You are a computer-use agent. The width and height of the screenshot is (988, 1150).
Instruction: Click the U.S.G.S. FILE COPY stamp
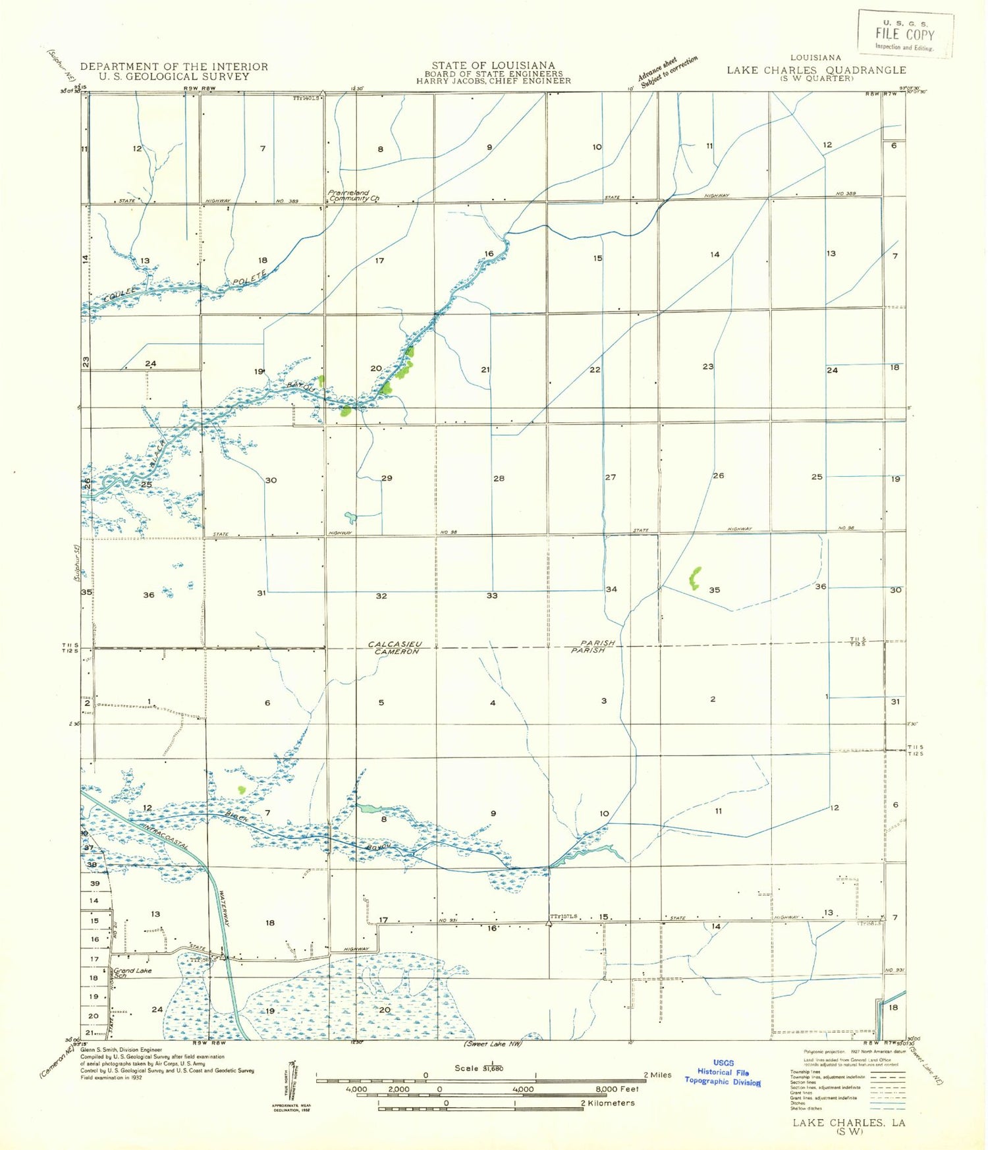click(905, 34)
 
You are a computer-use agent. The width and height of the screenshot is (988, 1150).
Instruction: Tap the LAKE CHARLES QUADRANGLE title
click(816, 70)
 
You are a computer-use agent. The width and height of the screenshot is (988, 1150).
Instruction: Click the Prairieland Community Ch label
click(354, 196)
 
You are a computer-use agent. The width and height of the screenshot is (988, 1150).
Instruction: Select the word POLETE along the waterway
click(250, 277)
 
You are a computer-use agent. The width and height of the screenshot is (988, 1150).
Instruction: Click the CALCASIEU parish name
click(395, 643)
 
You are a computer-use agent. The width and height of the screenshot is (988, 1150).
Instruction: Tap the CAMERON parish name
click(397, 651)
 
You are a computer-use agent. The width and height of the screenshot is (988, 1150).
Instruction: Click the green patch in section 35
click(694, 578)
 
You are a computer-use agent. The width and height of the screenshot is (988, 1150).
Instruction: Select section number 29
click(387, 478)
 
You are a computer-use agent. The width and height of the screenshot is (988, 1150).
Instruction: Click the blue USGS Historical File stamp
click(723, 1072)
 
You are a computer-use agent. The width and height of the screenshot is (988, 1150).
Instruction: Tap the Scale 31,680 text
click(479, 1068)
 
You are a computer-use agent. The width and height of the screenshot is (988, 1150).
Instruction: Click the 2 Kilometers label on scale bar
click(607, 1103)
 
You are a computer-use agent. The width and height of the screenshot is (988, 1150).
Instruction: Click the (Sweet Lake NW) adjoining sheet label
click(493, 1044)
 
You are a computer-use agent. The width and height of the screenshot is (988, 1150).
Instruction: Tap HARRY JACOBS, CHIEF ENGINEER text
click(493, 81)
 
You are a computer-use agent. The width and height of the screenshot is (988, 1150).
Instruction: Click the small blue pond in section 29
click(350, 516)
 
